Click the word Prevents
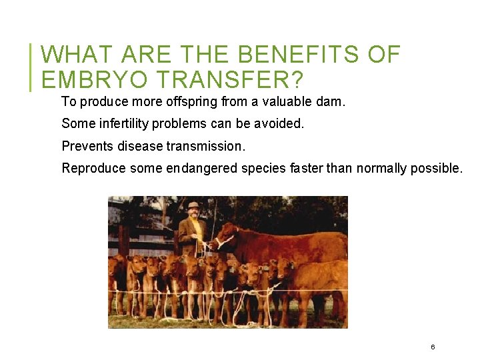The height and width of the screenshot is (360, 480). point(85,146)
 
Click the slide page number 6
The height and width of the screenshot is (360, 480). point(433,347)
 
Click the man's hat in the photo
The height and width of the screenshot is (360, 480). point(193,205)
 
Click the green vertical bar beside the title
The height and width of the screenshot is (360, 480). point(31,67)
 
